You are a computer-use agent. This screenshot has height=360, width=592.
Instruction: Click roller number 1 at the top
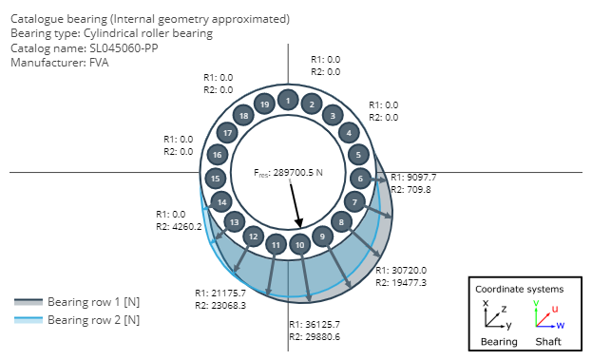[288, 101]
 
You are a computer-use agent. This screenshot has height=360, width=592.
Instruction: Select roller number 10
[299, 245]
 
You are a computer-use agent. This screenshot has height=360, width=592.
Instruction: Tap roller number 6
[360, 179]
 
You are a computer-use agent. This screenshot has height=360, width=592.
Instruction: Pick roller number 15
[215, 179]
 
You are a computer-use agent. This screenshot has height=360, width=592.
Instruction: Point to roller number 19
[265, 104]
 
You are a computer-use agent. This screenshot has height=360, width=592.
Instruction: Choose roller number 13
[234, 222]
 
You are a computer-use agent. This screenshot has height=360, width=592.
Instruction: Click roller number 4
[349, 133]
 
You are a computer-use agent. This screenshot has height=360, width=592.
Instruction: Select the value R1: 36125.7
[315, 324]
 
